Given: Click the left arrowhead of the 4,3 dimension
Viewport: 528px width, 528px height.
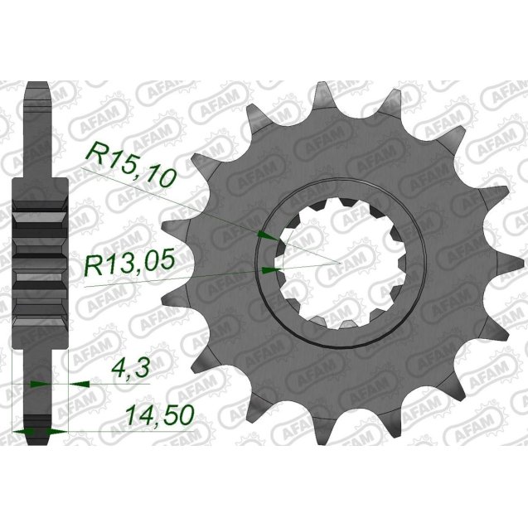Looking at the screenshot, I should coord(36,384).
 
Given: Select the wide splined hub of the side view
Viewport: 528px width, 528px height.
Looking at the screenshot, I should coord(38,261).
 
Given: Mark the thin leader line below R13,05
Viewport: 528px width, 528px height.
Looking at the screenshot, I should coord(166,279).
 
